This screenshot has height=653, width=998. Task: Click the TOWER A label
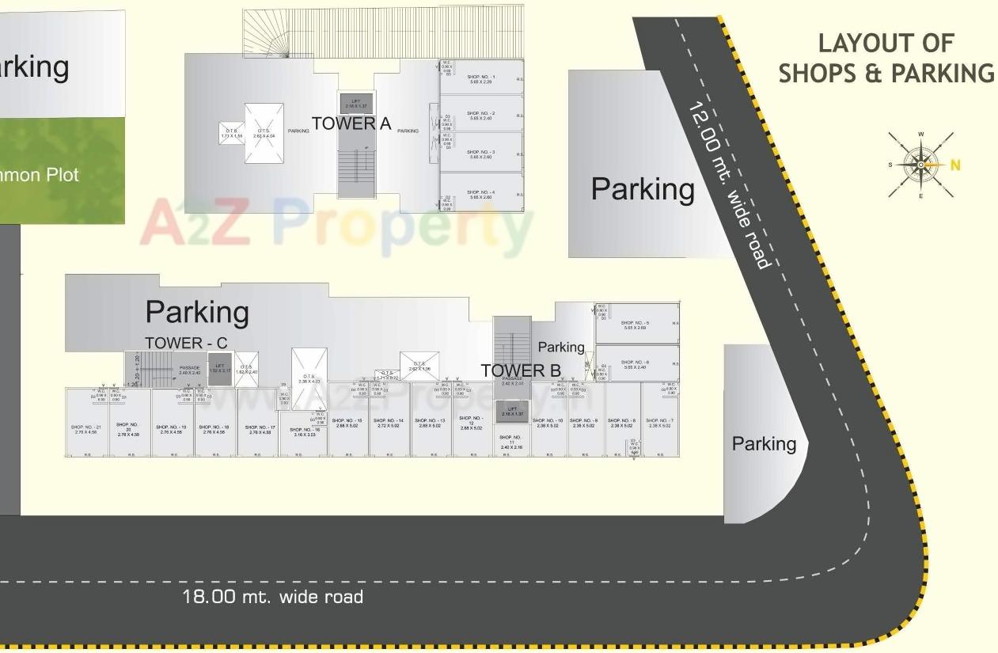tap(351, 123)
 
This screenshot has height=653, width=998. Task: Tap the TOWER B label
tap(521, 370)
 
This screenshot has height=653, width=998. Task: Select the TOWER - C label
tap(186, 343)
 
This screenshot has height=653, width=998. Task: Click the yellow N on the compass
tap(955, 165)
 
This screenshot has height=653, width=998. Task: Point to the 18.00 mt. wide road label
tap(272, 597)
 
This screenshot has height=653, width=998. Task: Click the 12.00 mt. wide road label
tap(727, 185)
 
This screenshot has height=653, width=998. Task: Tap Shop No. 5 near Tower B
tap(636, 324)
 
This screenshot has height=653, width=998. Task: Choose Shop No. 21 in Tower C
tap(85, 428)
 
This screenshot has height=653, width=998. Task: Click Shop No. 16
tap(305, 431)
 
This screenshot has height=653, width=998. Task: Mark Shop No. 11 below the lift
tap(511, 442)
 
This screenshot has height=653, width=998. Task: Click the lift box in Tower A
tap(356, 103)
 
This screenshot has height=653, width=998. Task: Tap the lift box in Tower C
tap(220, 370)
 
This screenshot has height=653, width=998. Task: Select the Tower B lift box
tap(512, 412)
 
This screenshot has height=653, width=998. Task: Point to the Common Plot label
tap(40, 174)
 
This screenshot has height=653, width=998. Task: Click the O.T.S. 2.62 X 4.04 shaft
tap(264, 133)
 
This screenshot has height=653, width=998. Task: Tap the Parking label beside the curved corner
tap(764, 444)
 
